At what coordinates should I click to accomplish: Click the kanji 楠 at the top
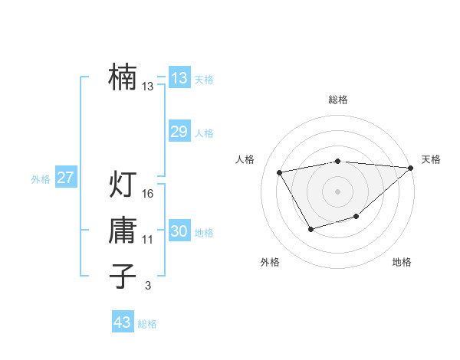[123, 77]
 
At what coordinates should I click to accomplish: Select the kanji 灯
[123, 184]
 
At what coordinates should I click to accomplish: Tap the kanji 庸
[123, 231]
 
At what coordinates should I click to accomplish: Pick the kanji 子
[123, 276]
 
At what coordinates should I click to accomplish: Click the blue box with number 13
[179, 78]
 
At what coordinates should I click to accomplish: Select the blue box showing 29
[179, 132]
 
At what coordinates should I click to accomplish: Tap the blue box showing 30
[179, 231]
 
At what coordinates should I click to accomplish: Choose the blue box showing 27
[65, 178]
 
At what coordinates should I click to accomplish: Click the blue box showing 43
[122, 322]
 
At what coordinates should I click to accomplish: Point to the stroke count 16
[148, 194]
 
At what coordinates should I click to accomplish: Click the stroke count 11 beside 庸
[148, 240]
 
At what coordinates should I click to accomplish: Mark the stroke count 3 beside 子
[148, 286]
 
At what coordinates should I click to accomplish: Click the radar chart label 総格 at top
[337, 100]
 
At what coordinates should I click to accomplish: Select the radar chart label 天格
[431, 159]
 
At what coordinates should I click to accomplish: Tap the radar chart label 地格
[402, 262]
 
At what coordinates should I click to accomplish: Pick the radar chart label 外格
[270, 262]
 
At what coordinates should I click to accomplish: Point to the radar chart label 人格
[245, 159]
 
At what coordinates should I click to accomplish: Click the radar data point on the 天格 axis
[411, 168]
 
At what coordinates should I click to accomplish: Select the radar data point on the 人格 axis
[280, 172]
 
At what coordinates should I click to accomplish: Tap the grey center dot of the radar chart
[337, 191]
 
